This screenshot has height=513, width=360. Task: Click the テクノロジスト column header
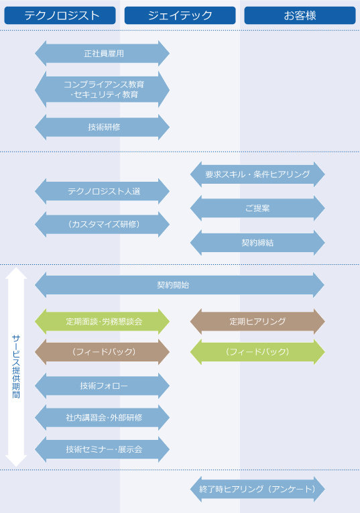60,15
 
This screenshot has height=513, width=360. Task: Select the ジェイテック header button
180,15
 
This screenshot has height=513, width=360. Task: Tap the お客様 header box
300,15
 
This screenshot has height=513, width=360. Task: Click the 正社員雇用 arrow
103,54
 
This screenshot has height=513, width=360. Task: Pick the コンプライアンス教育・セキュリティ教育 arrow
103,89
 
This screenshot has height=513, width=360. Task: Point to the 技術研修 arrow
103,127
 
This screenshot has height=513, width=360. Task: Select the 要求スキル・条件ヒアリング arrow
257,174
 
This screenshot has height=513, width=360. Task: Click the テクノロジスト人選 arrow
103,191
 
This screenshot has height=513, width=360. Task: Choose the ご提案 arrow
257,209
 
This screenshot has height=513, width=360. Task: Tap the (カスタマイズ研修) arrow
103,225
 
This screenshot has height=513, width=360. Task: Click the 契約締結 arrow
257,243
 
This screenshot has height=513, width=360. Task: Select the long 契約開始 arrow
180,285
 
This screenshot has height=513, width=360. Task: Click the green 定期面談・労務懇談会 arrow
103,322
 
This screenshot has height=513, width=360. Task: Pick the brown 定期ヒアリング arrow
257,322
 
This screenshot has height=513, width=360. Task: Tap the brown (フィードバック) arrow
103,352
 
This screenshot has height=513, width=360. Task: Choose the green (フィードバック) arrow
257,352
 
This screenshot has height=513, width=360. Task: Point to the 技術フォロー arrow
103,386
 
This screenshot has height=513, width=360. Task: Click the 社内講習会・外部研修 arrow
103,418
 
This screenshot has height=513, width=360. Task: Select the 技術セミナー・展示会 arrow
103,449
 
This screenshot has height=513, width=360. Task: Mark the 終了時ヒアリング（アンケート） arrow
257,490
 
